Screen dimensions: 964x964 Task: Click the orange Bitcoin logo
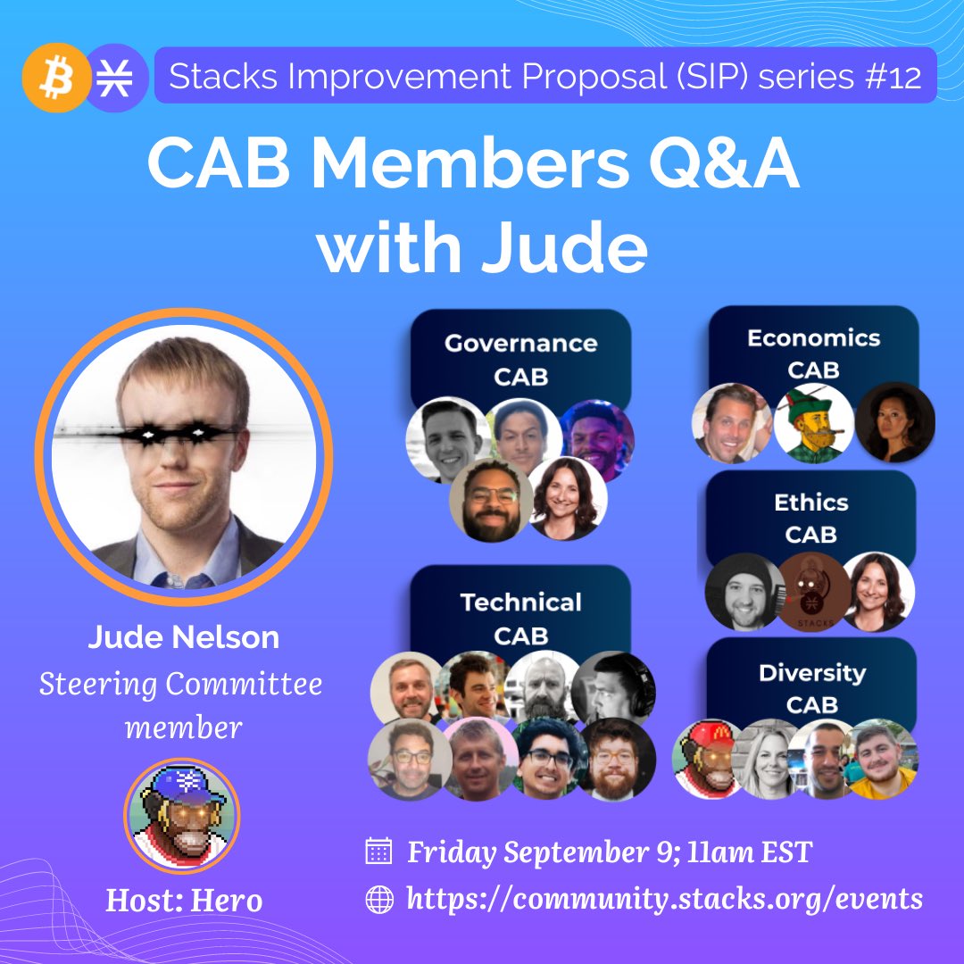pos(56,78)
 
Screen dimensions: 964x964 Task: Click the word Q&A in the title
pos(724,163)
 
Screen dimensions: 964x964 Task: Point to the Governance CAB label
pos(520,360)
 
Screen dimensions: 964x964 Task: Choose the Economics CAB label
pos(813,353)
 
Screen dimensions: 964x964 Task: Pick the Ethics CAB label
pos(810,519)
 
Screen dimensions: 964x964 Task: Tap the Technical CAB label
pos(520,619)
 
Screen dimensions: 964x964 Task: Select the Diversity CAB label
pos(812,688)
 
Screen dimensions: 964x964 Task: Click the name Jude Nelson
pos(183,637)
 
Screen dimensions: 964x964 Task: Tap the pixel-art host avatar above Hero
pos(182,816)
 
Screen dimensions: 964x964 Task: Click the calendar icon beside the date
pos(378,851)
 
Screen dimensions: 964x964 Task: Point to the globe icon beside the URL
pos(379,900)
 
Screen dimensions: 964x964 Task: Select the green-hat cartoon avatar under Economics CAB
pos(813,423)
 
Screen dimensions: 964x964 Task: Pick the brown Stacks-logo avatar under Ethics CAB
pos(814,591)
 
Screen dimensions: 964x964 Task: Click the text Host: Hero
pos(184,901)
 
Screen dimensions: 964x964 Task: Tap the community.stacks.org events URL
pos(665,900)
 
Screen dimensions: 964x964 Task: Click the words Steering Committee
pos(180,685)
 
